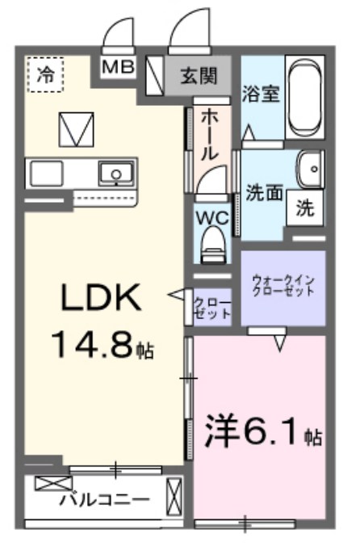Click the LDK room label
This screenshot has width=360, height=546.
click(x=99, y=300)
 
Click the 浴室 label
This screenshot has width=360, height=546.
click(x=261, y=92)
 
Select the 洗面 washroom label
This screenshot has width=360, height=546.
click(x=264, y=193)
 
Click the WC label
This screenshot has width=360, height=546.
click(x=211, y=217)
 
